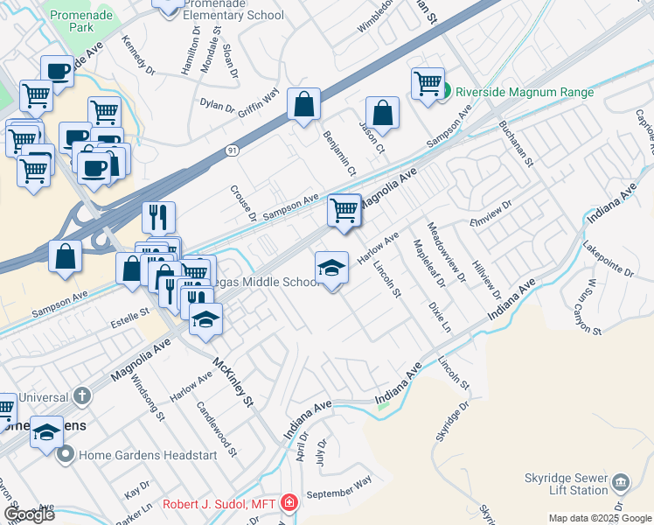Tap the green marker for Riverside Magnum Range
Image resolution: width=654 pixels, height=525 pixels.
[x=446, y=92]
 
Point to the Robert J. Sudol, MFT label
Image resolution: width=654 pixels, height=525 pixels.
[x=222, y=504]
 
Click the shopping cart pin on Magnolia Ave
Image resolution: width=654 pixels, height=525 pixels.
[x=344, y=210]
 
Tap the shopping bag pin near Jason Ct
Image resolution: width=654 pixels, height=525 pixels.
[x=383, y=113]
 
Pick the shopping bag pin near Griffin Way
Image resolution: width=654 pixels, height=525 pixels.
[x=303, y=105]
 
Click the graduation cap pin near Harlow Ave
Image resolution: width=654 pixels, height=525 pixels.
[x=331, y=268]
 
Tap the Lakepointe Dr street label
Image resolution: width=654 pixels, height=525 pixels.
[x=604, y=257]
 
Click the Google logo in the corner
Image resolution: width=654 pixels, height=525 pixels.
[x=29, y=514]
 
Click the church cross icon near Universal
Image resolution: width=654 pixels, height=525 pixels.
[x=82, y=396]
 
